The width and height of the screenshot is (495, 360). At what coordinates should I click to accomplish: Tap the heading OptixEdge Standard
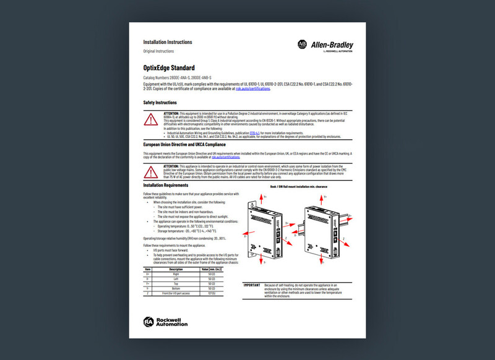169,67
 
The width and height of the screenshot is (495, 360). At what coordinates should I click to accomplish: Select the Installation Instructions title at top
168,42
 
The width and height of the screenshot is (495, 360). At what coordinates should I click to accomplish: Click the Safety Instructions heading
160,103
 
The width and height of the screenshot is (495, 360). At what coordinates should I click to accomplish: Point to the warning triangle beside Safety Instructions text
152,119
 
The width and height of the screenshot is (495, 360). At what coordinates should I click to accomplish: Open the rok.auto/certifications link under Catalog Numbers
253,89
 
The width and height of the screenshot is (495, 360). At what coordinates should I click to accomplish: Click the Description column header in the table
176,269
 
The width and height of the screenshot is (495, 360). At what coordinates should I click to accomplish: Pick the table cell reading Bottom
176,289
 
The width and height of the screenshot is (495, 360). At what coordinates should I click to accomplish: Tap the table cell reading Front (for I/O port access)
176,294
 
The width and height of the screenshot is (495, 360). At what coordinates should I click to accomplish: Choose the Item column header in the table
148,269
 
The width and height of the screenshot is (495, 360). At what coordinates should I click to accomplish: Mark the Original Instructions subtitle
158,51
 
